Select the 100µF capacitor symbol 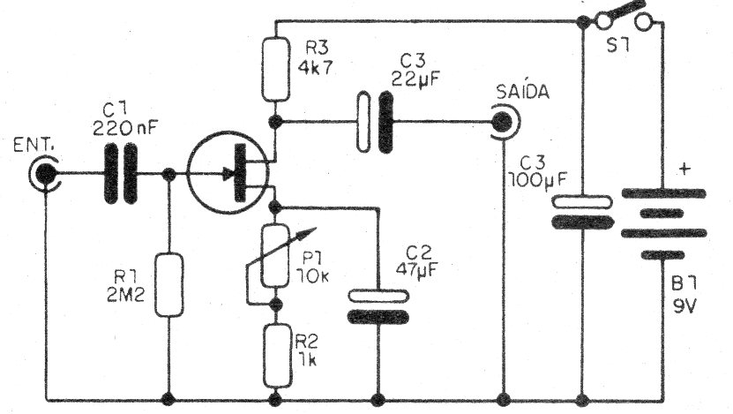coord(581,213)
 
